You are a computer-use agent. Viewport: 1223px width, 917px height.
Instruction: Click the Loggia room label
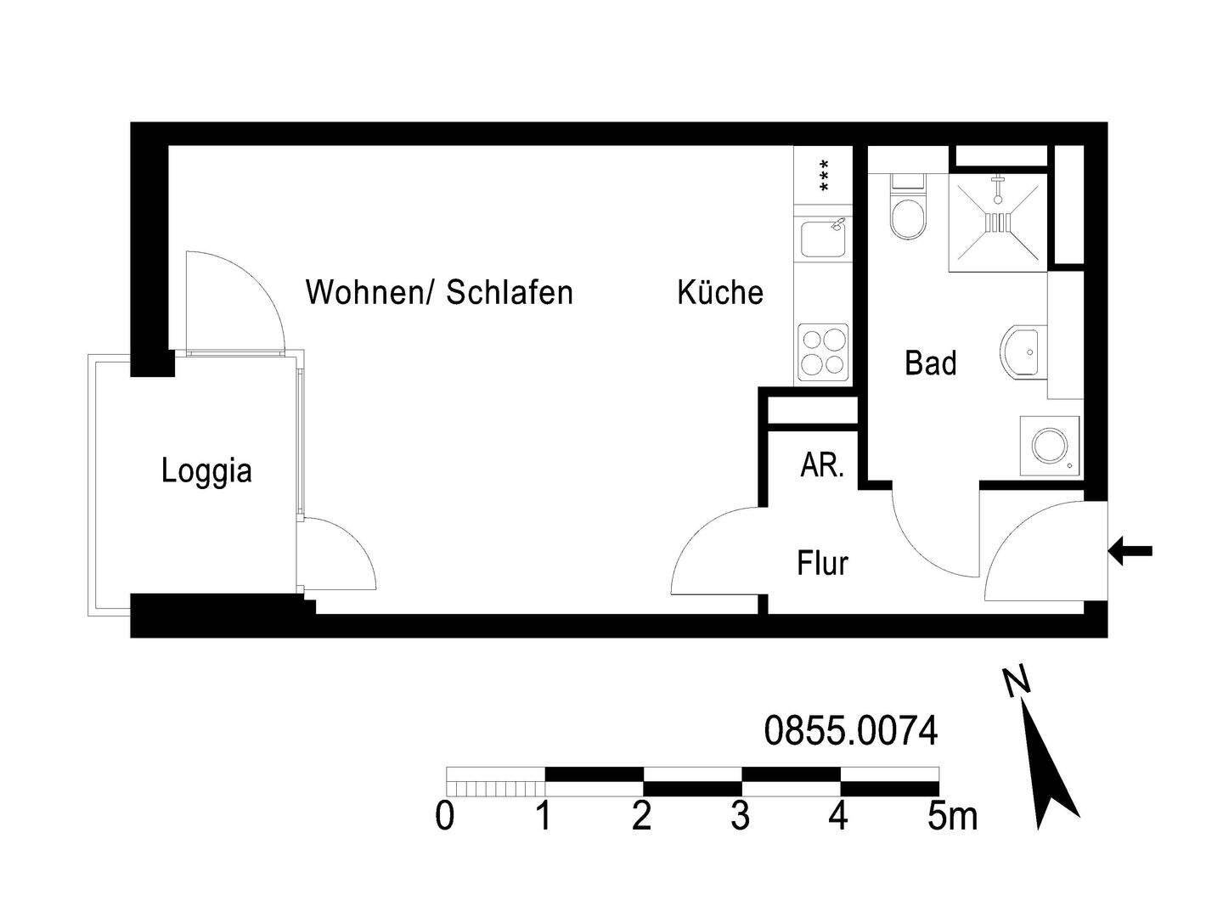(206, 470)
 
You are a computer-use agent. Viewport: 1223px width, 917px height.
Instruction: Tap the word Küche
(719, 292)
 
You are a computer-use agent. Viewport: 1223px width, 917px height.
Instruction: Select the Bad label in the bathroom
(930, 363)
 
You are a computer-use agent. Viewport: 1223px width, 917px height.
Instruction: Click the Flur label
(822, 563)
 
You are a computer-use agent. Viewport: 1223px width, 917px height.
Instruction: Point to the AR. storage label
(821, 465)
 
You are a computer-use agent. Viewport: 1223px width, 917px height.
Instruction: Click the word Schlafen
(510, 292)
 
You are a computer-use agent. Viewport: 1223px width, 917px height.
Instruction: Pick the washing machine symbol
(1050, 445)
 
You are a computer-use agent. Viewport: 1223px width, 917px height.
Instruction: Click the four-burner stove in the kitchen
(822, 352)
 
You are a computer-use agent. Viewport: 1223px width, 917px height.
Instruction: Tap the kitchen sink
(822, 236)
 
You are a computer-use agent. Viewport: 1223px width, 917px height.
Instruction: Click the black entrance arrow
(1130, 551)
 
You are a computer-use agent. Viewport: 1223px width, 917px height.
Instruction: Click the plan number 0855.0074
(851, 731)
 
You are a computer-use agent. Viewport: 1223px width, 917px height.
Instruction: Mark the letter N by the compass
(1016, 682)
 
